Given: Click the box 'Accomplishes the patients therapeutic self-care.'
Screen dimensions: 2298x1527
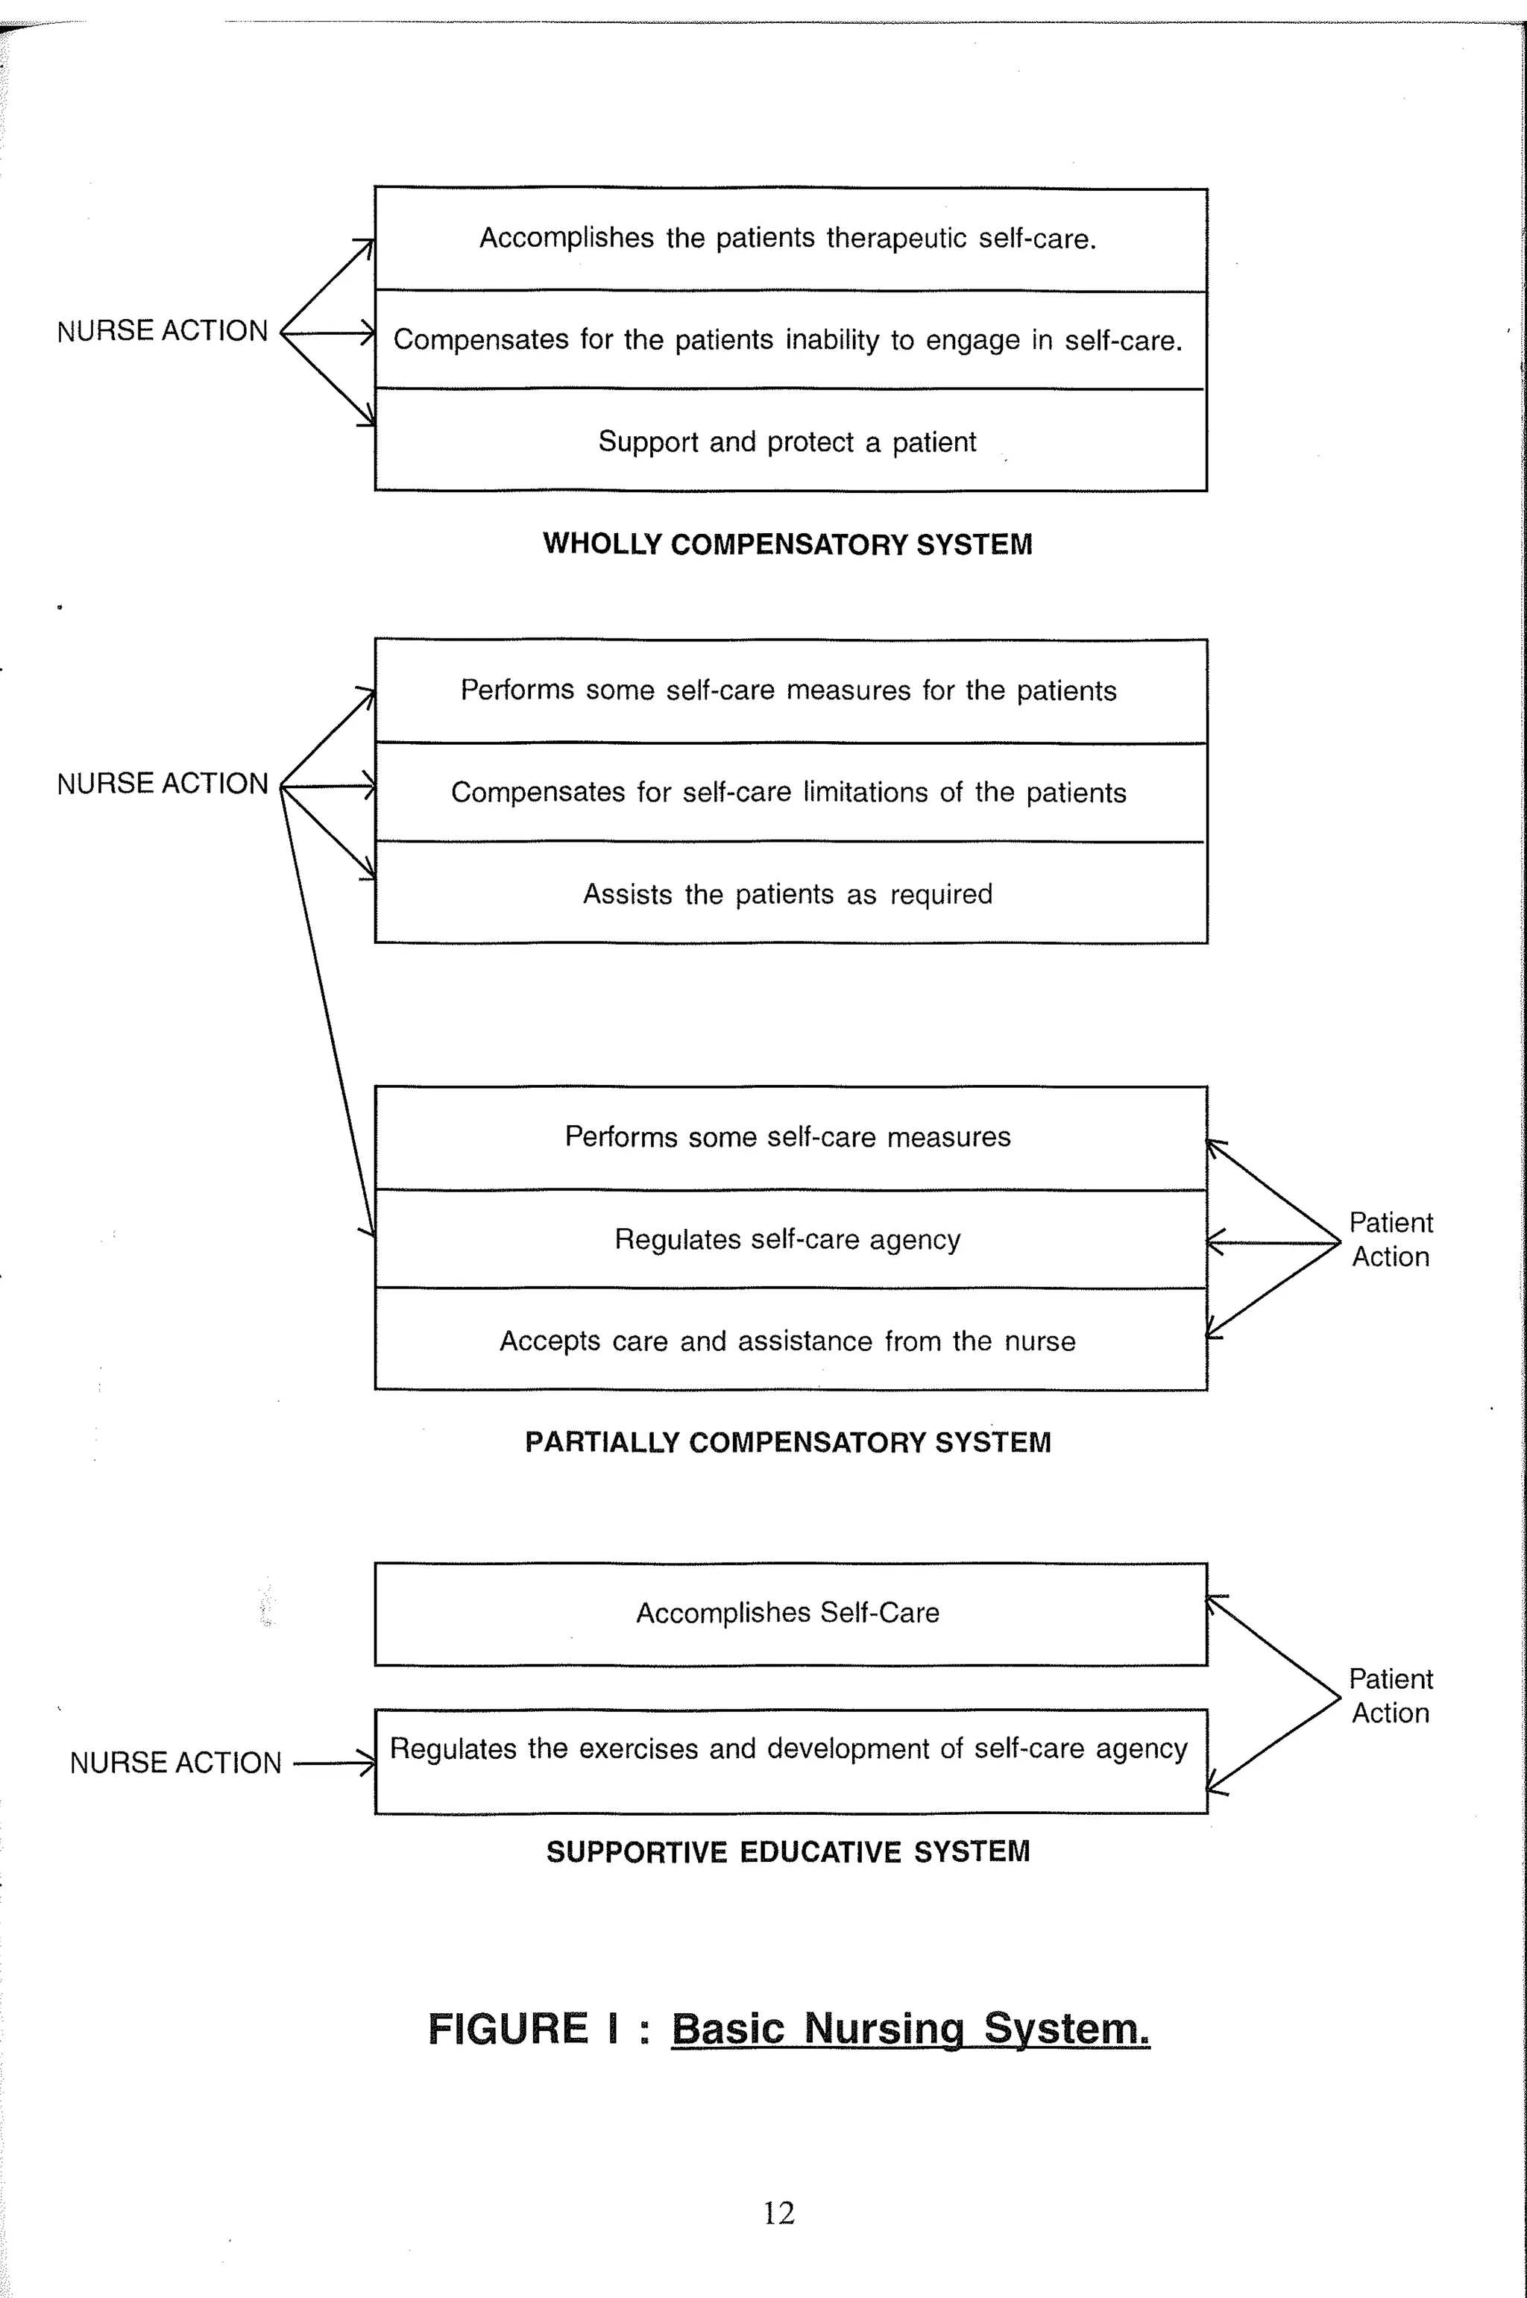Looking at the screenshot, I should click(790, 239).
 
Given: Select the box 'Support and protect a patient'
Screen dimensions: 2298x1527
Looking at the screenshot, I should click(790, 441).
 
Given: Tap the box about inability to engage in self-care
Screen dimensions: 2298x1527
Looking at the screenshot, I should click(790, 340).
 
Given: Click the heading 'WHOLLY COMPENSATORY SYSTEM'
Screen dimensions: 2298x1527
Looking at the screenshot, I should click(787, 544).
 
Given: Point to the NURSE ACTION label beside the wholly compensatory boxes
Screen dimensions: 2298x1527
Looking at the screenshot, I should click(162, 331).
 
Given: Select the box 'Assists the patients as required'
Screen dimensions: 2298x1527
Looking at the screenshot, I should click(790, 894).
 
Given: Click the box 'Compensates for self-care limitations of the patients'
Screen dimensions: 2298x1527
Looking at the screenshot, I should click(790, 792).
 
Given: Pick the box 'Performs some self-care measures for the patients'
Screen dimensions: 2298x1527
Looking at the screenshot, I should click(790, 690).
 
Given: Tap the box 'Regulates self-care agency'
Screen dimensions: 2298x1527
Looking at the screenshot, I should click(790, 1239).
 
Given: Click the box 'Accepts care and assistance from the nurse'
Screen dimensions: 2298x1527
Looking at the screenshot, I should click(790, 1341).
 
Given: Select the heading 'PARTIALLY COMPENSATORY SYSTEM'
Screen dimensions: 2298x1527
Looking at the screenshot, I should click(787, 1442).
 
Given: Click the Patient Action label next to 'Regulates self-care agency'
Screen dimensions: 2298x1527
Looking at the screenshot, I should click(1390, 1239).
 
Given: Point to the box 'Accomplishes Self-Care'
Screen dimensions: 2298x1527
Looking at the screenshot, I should click(790, 1614).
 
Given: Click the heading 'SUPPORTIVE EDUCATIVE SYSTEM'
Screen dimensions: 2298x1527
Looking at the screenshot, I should click(787, 1851).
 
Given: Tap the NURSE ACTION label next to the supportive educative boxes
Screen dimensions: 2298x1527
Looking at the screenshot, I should click(175, 1763).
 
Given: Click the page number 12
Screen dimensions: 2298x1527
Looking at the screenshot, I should click(778, 2212).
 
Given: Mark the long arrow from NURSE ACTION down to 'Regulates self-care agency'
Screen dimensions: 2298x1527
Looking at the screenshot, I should click(327, 1013).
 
